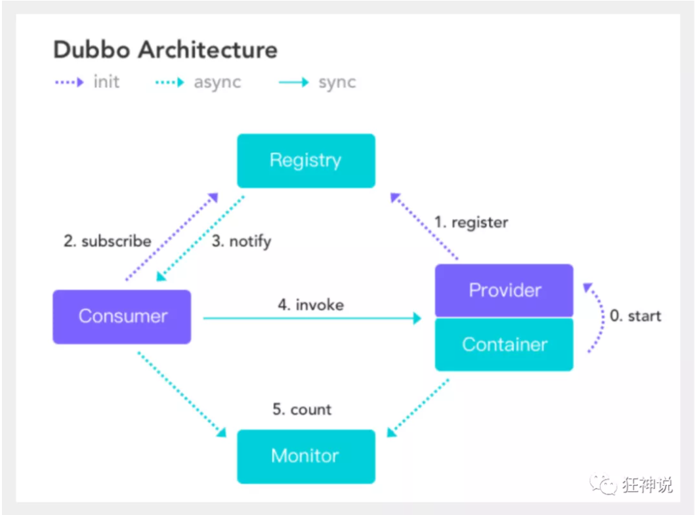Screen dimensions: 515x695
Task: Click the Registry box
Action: (x=306, y=161)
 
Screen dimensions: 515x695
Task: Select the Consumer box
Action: (x=122, y=316)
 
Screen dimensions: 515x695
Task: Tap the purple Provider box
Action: (x=504, y=290)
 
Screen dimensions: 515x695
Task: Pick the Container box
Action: (x=504, y=344)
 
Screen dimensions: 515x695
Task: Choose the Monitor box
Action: (x=306, y=456)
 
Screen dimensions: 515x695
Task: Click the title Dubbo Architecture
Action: (x=165, y=50)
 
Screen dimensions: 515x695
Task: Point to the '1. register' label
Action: (x=471, y=222)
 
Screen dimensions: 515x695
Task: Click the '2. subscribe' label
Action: (x=107, y=241)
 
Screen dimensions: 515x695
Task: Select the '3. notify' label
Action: (x=241, y=241)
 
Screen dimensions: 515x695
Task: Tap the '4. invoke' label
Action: (x=310, y=304)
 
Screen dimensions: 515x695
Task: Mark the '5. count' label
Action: (x=302, y=409)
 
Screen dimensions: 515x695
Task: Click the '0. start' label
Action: (x=635, y=316)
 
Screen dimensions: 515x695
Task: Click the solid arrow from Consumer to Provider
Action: (x=312, y=318)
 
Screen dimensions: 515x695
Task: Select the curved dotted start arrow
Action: (x=599, y=318)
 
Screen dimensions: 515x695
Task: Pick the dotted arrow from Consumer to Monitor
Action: (x=181, y=394)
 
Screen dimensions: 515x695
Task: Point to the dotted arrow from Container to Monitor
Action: (x=418, y=407)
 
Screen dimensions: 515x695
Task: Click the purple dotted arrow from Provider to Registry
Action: (x=425, y=226)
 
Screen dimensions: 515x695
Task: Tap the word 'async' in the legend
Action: (x=217, y=83)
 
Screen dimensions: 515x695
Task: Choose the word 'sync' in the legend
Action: (x=337, y=83)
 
